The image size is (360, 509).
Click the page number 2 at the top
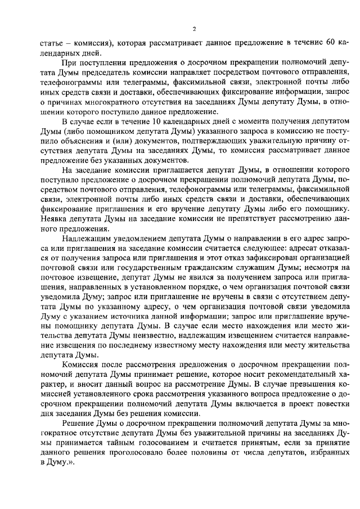(193, 29)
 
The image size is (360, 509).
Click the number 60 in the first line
(330, 43)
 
